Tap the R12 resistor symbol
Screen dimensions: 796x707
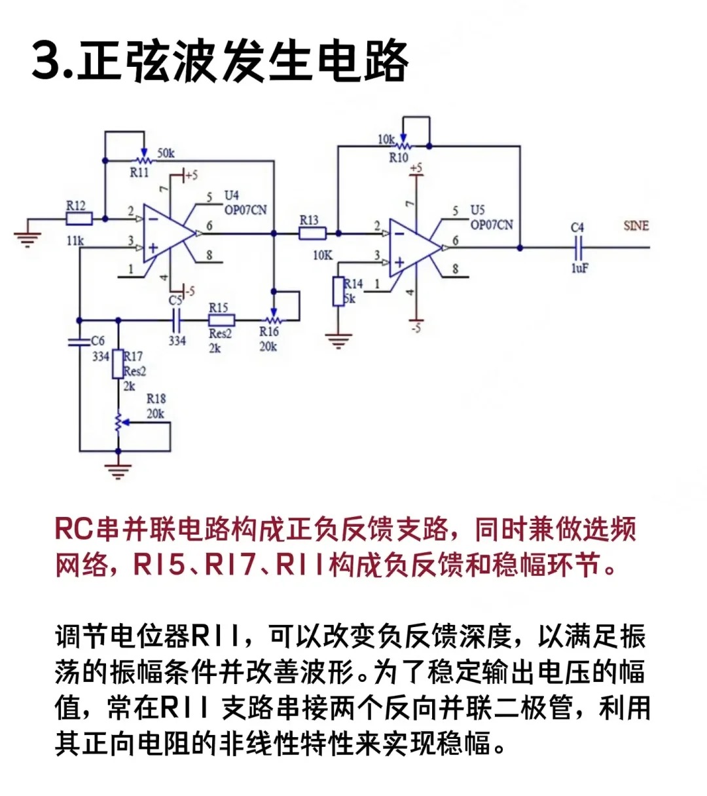click(79, 219)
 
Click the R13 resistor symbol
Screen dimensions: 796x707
click(312, 233)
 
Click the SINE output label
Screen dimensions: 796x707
click(636, 226)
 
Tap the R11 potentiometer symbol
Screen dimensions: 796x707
click(143, 159)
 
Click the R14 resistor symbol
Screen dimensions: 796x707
click(338, 292)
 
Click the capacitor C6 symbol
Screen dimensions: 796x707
click(79, 341)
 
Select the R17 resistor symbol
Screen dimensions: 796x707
click(118, 364)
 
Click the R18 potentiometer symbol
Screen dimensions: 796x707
click(118, 423)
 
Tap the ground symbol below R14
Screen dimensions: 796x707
click(338, 341)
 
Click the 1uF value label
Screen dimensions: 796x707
click(579, 268)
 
